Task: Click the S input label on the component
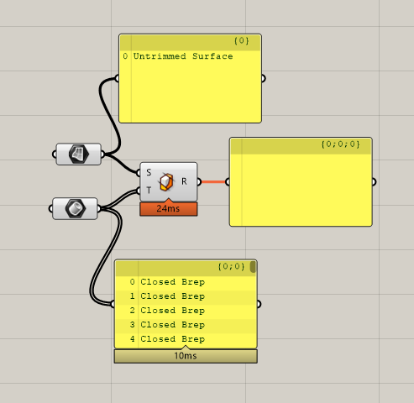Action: tap(149, 172)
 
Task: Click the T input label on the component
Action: tap(149, 191)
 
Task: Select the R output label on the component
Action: tap(184, 181)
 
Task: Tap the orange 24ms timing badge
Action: tap(169, 209)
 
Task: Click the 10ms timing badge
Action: tap(186, 356)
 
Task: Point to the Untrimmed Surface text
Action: tap(183, 56)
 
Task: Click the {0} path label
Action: tap(242, 41)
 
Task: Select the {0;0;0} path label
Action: tap(341, 144)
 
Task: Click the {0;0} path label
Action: tap(231, 266)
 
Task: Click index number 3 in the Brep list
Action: tap(133, 325)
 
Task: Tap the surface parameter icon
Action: tap(79, 154)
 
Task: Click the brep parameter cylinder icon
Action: tap(76, 208)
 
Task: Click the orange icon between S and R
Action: tap(166, 182)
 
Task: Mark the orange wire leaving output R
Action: tap(213, 182)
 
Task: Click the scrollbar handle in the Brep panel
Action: tap(253, 267)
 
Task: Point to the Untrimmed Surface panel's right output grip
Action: tap(263, 79)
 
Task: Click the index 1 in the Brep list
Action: tap(133, 296)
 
